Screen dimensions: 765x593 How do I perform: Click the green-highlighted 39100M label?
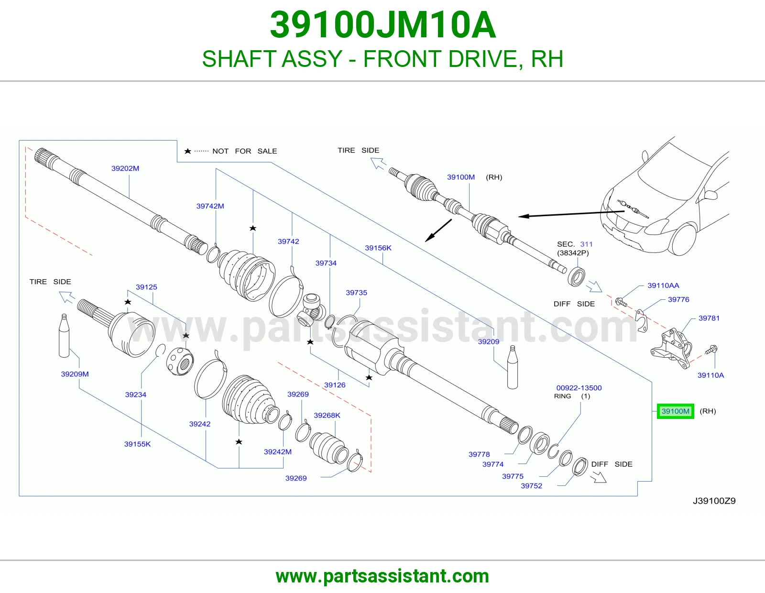(x=675, y=411)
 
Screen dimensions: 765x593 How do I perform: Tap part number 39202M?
(x=125, y=168)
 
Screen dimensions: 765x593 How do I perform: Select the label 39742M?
(x=210, y=206)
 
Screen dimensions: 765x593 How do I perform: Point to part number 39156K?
(x=378, y=248)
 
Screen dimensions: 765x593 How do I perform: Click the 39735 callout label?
(x=356, y=293)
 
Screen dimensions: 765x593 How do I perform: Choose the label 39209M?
(x=75, y=374)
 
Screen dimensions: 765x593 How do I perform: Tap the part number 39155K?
(x=137, y=444)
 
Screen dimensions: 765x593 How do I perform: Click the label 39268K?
(x=327, y=415)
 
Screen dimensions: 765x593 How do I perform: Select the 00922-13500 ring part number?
(x=579, y=388)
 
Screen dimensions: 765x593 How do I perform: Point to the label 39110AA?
(x=663, y=285)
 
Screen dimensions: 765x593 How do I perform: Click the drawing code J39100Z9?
(x=714, y=501)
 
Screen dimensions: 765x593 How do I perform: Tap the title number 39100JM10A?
(x=382, y=25)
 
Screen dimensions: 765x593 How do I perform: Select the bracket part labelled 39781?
(x=672, y=348)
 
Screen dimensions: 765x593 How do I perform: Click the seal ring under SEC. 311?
(x=576, y=277)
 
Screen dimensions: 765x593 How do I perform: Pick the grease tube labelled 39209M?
(x=64, y=336)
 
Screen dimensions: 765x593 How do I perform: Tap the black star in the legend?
(x=187, y=151)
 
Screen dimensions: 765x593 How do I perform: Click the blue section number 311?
(x=586, y=244)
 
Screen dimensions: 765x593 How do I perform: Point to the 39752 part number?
(x=531, y=485)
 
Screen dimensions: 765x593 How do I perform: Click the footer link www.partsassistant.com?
(x=382, y=576)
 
